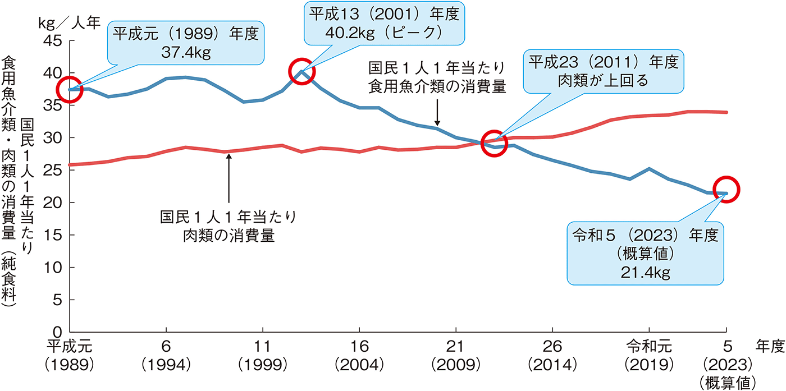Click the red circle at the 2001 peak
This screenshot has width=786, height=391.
pyautogui.click(x=302, y=71)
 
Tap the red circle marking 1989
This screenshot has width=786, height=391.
pyautogui.click(x=70, y=90)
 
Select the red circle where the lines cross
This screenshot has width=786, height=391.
pyautogui.click(x=494, y=143)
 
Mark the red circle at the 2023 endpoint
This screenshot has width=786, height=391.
pyautogui.click(x=727, y=191)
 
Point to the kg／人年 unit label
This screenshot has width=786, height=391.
pyautogui.click(x=69, y=22)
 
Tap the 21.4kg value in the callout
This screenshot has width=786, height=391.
pyautogui.click(x=645, y=273)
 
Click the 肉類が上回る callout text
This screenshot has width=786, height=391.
pyautogui.click(x=604, y=80)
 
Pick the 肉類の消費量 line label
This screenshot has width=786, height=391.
pyautogui.click(x=229, y=236)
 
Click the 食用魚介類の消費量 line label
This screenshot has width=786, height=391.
pyautogui.click(x=437, y=88)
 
